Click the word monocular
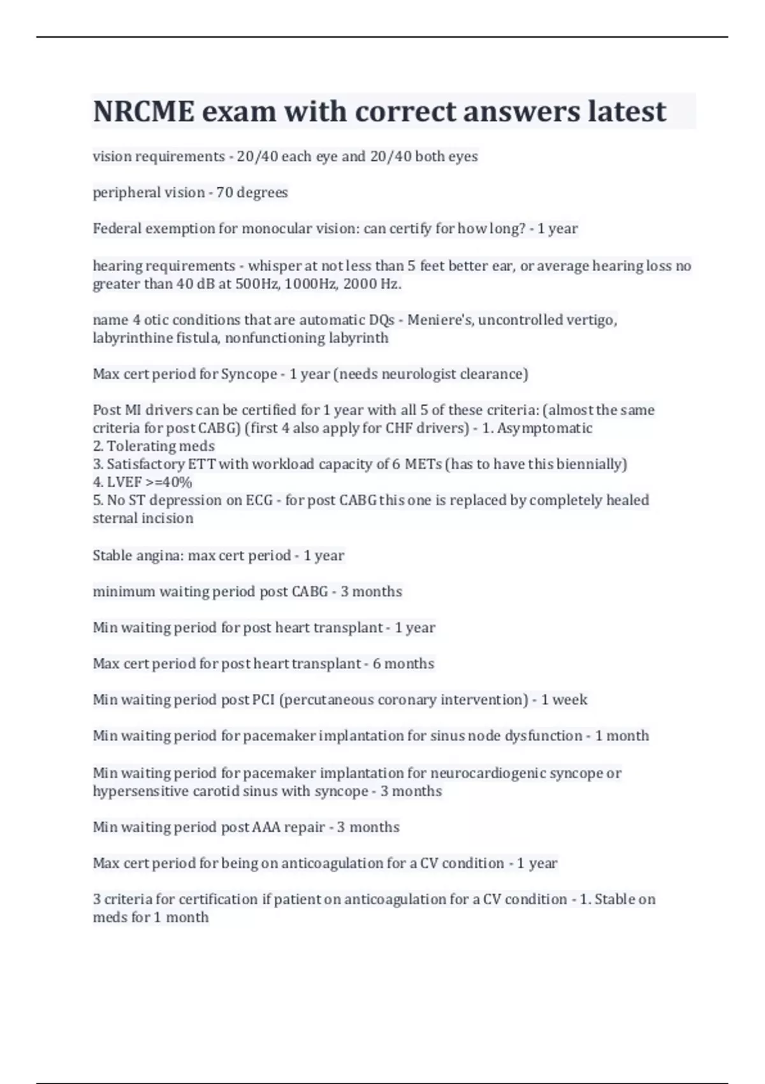(275, 229)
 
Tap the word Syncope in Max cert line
(249, 374)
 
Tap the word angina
(159, 555)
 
